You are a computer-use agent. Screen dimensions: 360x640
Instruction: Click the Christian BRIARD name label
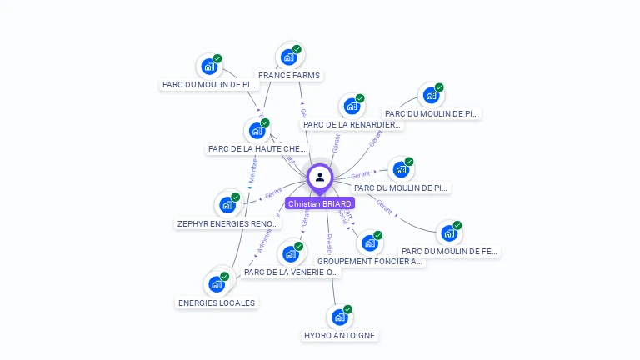(320, 203)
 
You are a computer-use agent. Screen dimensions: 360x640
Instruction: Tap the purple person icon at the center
(320, 177)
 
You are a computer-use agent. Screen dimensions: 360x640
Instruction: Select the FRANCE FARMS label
(289, 75)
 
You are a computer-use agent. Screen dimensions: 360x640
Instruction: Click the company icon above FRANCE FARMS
(289, 57)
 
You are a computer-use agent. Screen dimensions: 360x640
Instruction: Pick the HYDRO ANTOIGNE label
(339, 336)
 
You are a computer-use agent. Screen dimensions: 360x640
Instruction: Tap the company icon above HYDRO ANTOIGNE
(339, 317)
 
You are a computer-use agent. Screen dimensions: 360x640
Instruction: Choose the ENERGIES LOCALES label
(217, 302)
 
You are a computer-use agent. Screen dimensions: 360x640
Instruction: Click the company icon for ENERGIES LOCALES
(217, 284)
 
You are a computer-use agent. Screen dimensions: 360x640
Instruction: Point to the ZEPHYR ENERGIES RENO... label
(228, 223)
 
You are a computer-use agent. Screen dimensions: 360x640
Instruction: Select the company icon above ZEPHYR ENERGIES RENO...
(227, 204)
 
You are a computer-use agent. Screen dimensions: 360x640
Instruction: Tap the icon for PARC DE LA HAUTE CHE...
(257, 131)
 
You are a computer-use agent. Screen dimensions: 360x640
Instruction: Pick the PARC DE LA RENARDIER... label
(352, 125)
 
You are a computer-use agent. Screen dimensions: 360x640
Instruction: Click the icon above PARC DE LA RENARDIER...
(352, 106)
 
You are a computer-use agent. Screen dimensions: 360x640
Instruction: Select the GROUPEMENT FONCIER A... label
(370, 261)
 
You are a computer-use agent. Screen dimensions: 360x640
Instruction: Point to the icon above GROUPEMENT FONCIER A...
(370, 242)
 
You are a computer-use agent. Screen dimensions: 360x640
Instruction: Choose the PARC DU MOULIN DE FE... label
(449, 251)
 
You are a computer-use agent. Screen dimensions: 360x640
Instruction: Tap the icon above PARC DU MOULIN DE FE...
(449, 232)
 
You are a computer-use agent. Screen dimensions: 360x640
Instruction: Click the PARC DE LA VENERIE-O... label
(292, 272)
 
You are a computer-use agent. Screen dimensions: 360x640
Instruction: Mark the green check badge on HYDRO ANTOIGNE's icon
(347, 309)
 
